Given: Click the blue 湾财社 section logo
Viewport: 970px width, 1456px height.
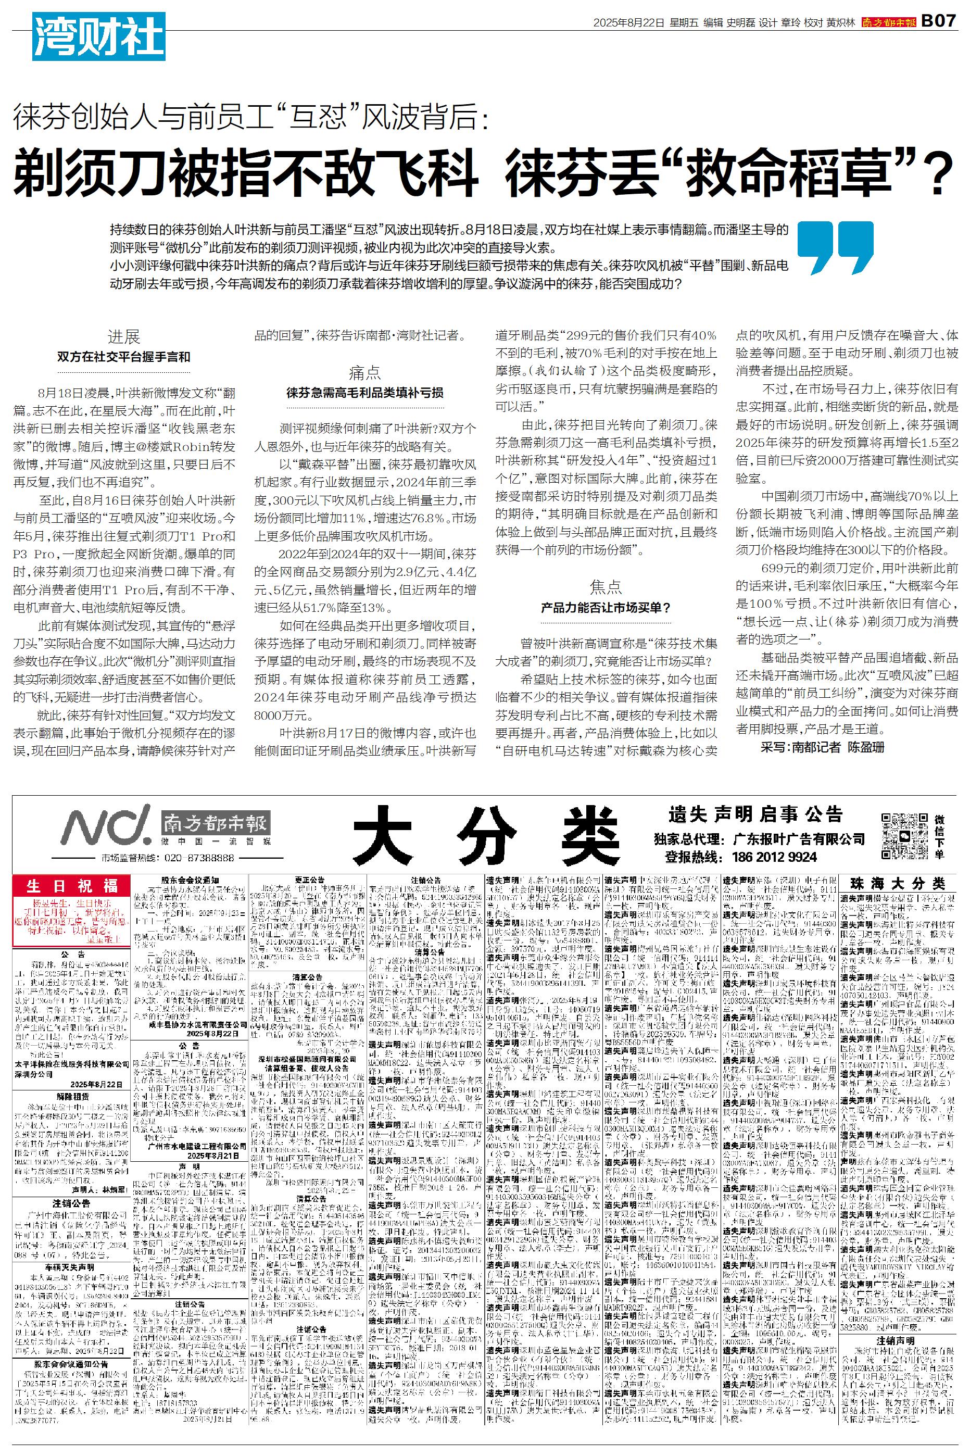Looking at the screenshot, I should [98, 36].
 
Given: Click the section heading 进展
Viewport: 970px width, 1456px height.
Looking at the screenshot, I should [124, 336].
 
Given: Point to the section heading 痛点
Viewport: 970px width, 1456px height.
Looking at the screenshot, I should [365, 372].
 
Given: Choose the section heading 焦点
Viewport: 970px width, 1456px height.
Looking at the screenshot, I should [606, 586].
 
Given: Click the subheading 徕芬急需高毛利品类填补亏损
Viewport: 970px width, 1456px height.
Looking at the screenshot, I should [365, 393].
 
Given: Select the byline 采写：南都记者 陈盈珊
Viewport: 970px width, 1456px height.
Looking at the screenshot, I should [822, 747].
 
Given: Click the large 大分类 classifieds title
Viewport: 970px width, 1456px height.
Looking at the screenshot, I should [486, 833].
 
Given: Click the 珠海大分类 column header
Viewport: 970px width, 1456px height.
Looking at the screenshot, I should [897, 884].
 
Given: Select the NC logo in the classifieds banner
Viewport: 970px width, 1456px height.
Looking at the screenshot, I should [105, 824].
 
